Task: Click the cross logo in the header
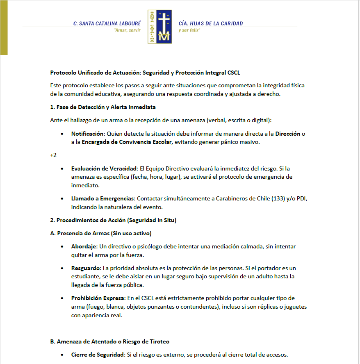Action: pyautogui.click(x=160, y=27)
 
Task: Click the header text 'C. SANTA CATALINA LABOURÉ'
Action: pyautogui.click(x=107, y=23)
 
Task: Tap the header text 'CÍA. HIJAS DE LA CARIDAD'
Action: pyautogui.click(x=211, y=23)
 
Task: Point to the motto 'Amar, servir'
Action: pyautogui.click(x=127, y=30)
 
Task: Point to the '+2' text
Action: pyautogui.click(x=53, y=155)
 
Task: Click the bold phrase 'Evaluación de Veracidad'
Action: pyautogui.click(x=104, y=168)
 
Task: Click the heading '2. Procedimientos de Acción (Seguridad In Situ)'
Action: pyautogui.click(x=113, y=220)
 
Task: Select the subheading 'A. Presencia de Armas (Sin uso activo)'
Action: pyautogui.click(x=101, y=233)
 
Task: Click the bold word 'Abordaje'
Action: pyautogui.click(x=84, y=247)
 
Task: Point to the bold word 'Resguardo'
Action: pyautogui.click(x=86, y=268)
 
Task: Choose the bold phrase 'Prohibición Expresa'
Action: pyautogui.click(x=98, y=298)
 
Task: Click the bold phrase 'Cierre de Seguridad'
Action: pyautogui.click(x=98, y=355)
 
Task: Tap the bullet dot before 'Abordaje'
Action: pyautogui.click(x=62, y=247)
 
